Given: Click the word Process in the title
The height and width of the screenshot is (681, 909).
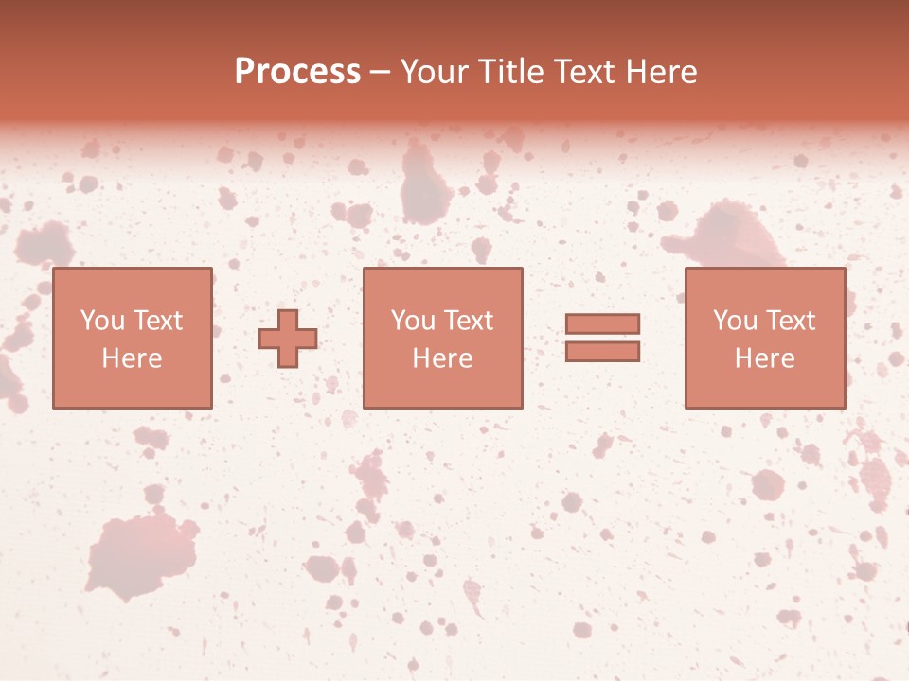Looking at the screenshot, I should click(x=297, y=72).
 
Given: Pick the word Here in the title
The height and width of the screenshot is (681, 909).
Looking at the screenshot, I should click(x=662, y=72).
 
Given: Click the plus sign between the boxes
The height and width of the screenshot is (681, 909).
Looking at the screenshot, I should click(x=288, y=339).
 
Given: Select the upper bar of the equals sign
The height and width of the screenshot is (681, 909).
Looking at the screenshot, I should click(x=602, y=323).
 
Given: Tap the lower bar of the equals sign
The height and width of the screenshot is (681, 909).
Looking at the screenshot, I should click(x=602, y=352).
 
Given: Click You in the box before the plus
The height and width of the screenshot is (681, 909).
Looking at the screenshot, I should click(x=102, y=321).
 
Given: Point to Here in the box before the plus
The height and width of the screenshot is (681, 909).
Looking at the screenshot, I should click(x=132, y=358).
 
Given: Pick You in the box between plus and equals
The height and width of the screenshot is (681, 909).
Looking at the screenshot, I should click(x=413, y=321).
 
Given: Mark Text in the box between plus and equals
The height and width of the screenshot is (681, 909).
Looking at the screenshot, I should click(x=467, y=321).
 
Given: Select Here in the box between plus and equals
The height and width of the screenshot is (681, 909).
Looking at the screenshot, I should click(x=442, y=358).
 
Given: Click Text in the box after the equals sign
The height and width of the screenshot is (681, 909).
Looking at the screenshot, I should click(x=789, y=321).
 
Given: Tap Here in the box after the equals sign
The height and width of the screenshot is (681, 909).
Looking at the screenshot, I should click(x=764, y=358).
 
